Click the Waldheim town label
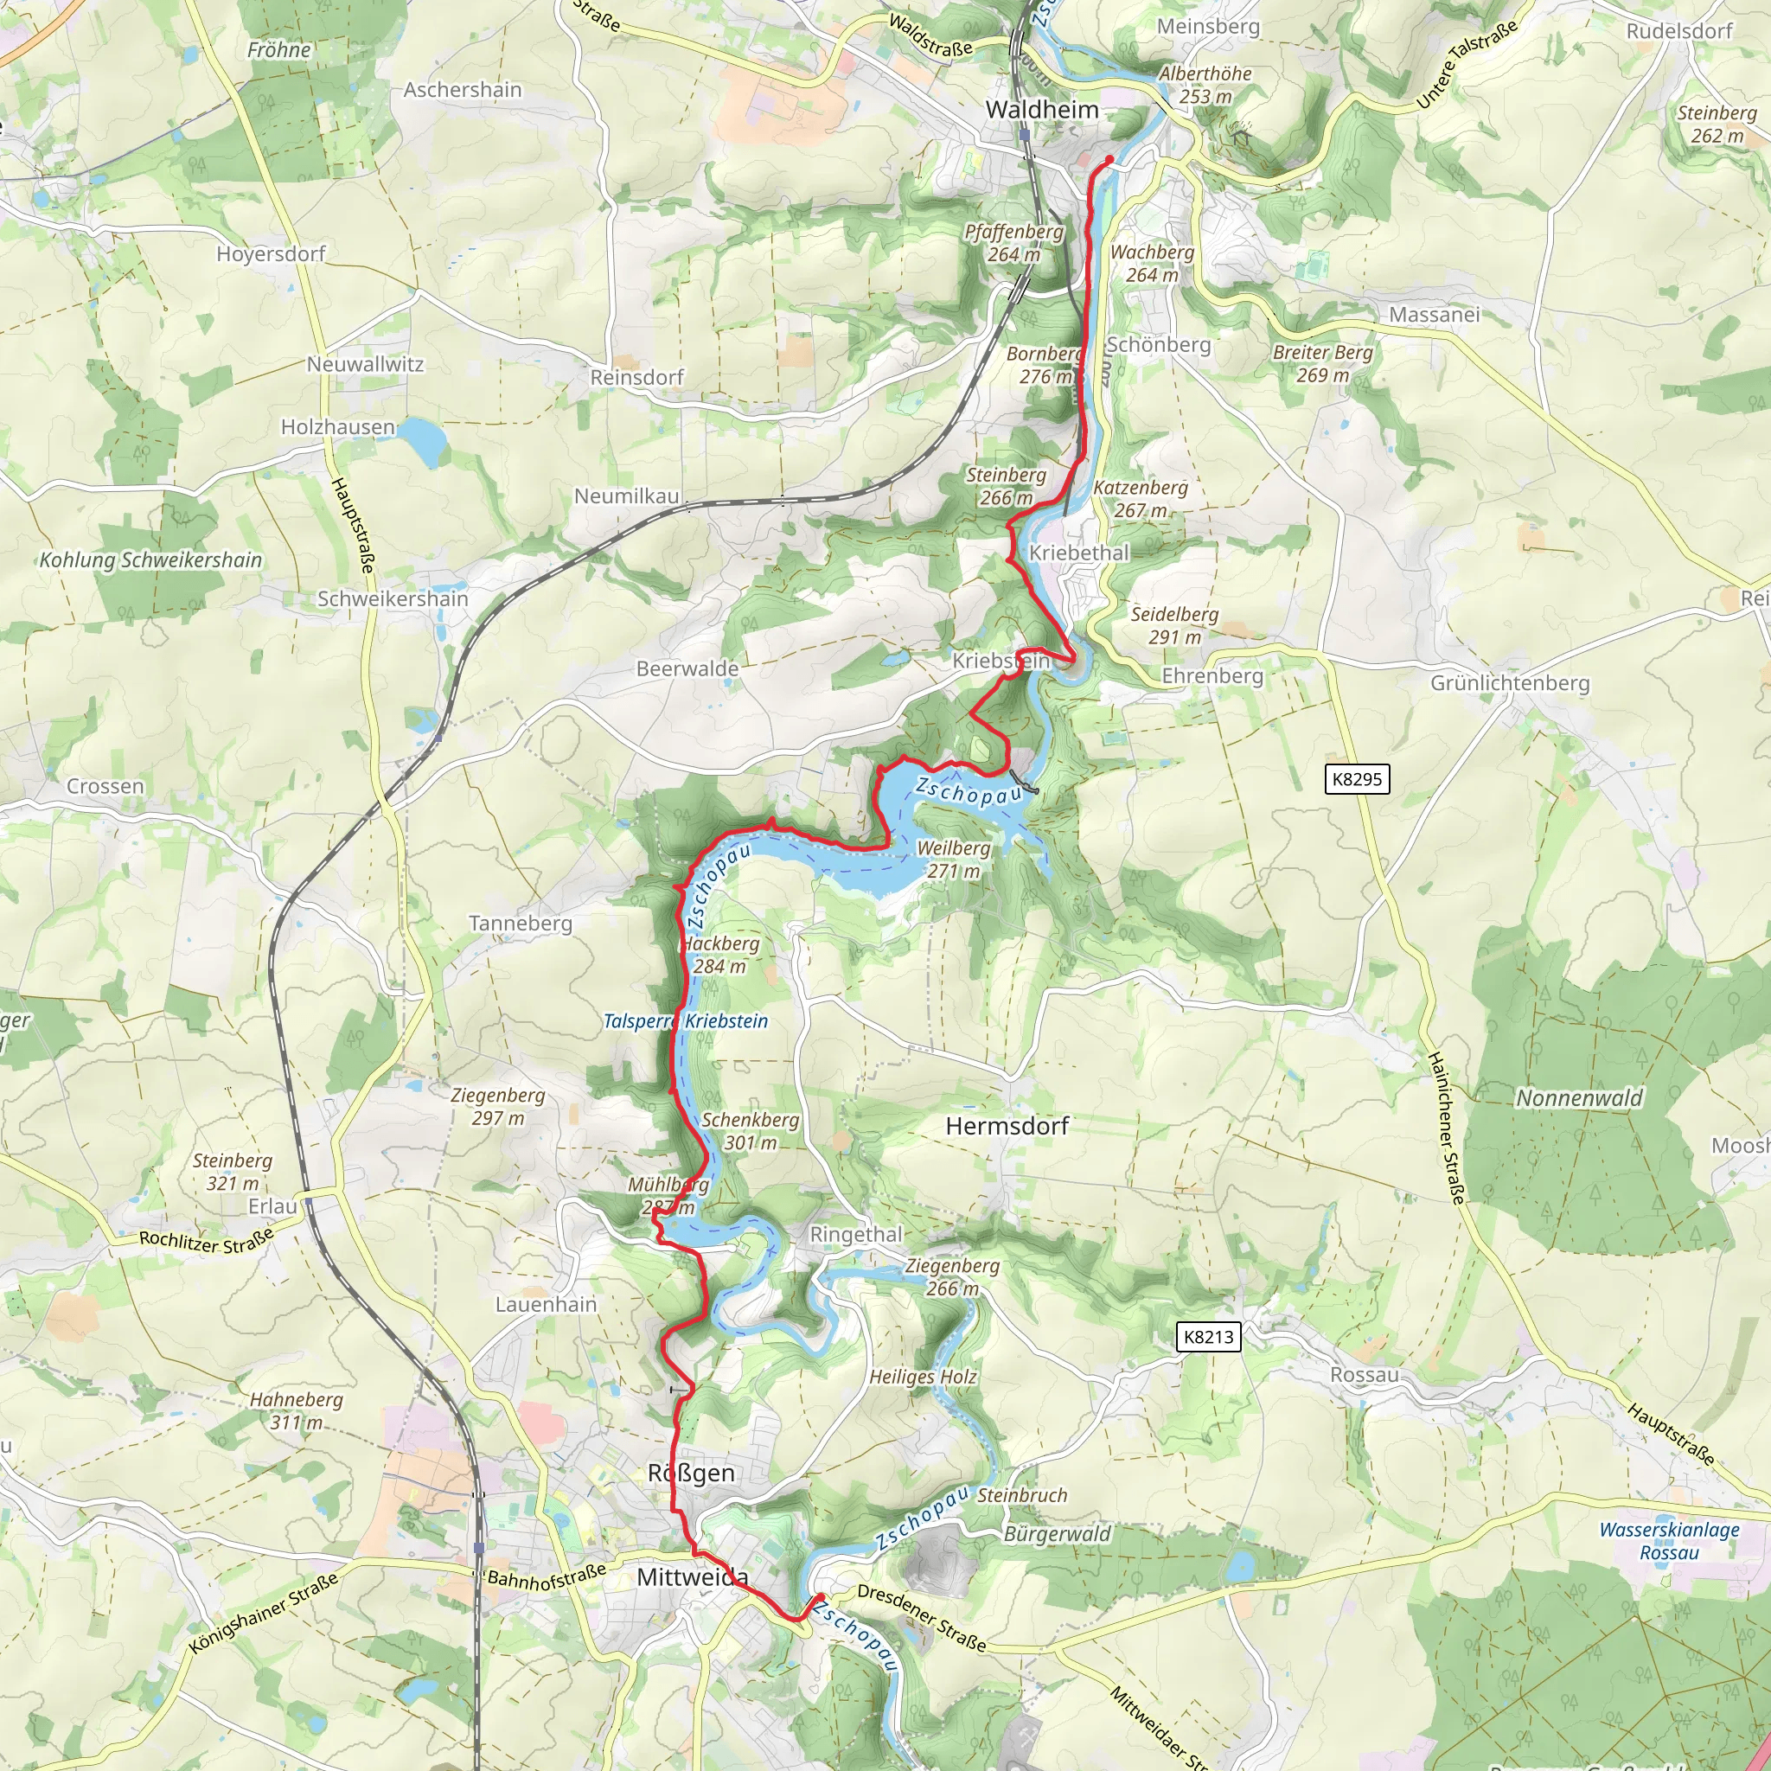pos(1041,110)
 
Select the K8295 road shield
pos(1357,779)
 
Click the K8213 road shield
pos(1208,1337)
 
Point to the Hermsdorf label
pos(1007,1126)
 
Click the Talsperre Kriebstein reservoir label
pos(685,1021)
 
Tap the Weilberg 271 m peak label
pos(953,860)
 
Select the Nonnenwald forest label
pos(1579,1097)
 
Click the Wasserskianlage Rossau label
pos(1668,1541)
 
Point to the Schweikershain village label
pos(393,598)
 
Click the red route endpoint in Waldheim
pos(1109,159)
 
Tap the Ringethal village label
pos(856,1235)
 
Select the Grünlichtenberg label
pos(1510,683)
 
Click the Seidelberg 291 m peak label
pos(1174,625)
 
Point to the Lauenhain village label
pos(546,1304)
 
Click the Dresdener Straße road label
pos(921,1618)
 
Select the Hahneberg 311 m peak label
pos(296,1410)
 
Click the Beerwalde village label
pos(687,669)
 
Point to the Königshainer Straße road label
pos(264,1613)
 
